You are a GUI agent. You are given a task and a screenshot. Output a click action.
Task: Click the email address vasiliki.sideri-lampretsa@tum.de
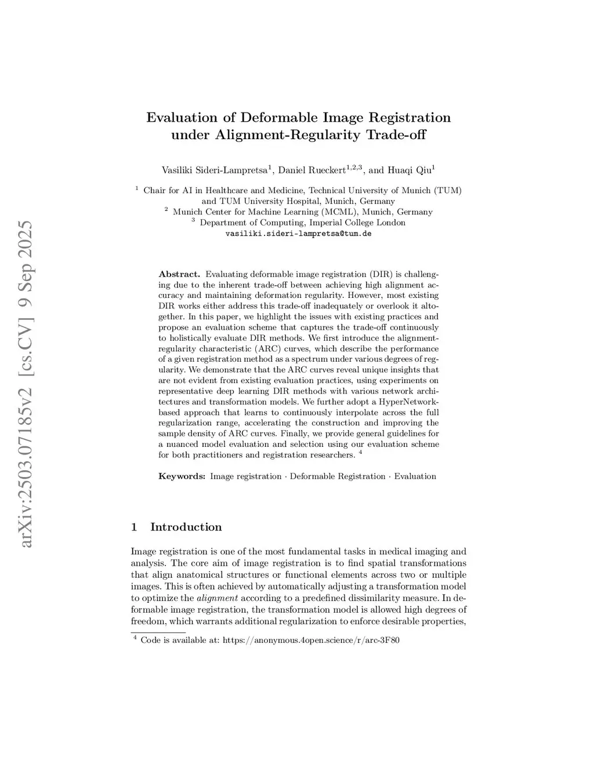coord(298,234)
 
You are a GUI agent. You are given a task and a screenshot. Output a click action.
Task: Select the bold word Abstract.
coord(179,274)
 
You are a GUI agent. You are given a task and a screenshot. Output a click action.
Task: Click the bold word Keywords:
coord(182,476)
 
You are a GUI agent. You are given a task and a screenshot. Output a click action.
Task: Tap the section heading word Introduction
coord(186,527)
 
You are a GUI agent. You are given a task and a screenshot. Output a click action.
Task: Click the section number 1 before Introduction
coord(134,527)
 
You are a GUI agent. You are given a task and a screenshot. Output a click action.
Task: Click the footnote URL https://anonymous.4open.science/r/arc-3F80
coord(311,640)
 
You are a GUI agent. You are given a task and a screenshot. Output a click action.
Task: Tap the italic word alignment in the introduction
coord(217,598)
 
